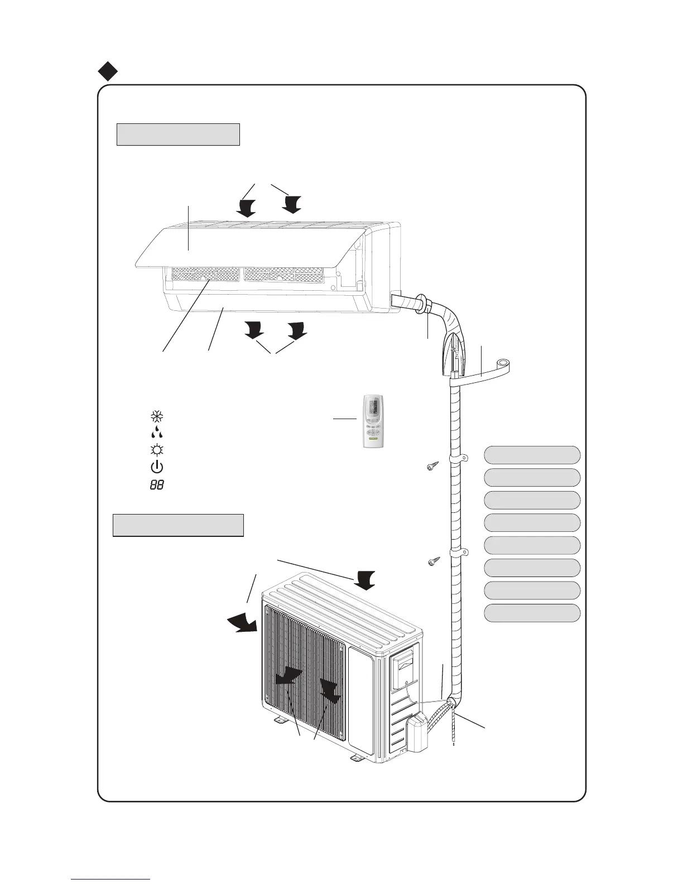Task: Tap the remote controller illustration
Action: coord(374,421)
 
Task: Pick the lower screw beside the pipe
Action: coord(433,561)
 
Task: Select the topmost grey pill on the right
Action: coord(532,455)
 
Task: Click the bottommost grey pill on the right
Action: coord(532,613)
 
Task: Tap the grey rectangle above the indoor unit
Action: coord(178,134)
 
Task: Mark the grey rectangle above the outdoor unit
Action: coord(178,525)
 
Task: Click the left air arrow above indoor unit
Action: coord(245,208)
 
